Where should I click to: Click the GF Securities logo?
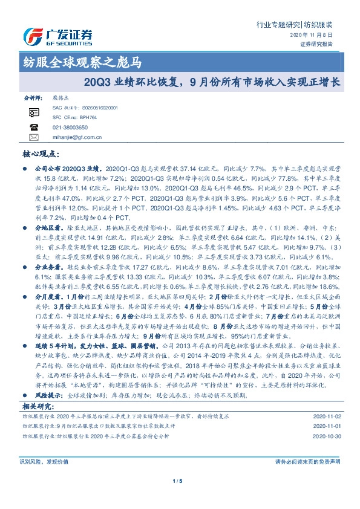57,35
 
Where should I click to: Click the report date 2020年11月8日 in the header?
315,35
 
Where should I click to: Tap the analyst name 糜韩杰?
53,97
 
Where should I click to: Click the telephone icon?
33,128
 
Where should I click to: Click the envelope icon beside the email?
33,137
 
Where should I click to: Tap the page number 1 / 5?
179,482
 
